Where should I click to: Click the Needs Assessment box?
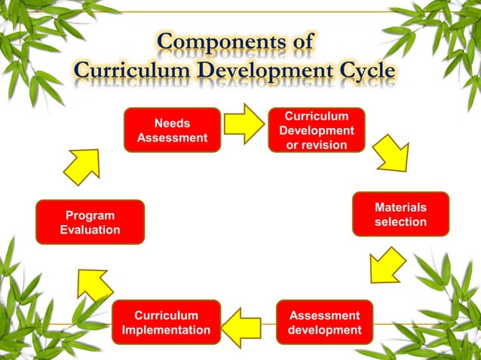(x=172, y=130)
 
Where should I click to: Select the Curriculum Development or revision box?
(x=317, y=130)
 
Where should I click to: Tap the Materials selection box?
(x=400, y=215)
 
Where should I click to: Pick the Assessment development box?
(x=324, y=322)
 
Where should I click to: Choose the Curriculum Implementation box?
(x=166, y=322)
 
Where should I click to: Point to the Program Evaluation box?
(x=90, y=222)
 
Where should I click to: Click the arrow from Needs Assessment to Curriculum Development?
(x=244, y=124)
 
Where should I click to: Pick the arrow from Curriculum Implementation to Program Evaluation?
(x=94, y=285)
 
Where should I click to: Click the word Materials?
(x=400, y=207)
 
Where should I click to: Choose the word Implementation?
(x=166, y=330)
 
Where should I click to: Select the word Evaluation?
(x=90, y=230)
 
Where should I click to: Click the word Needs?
(x=172, y=123)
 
